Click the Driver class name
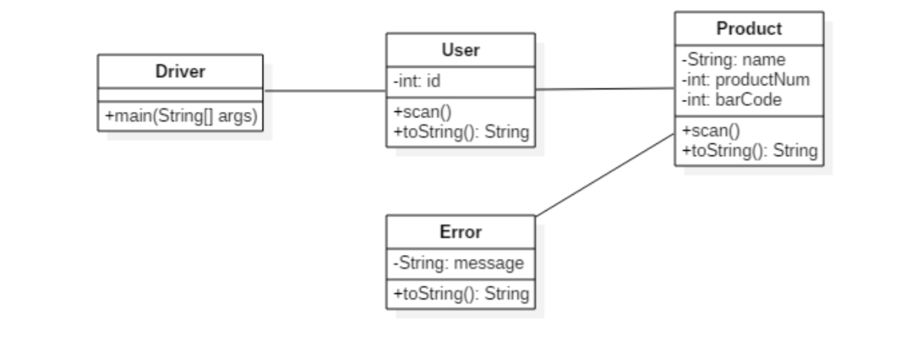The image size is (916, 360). coord(180,72)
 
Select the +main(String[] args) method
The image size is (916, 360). coord(180,116)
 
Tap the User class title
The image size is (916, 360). coord(460,50)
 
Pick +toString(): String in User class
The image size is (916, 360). coord(460,131)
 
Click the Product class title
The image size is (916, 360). coord(749,29)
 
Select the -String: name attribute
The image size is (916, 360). coord(733,59)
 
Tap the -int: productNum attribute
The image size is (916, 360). coord(745,79)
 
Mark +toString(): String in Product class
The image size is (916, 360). coord(749,150)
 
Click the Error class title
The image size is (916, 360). coord(460,232)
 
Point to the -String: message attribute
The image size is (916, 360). coord(458,263)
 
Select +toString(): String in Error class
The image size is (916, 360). coord(460,293)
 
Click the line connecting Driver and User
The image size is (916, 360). coord(325,91)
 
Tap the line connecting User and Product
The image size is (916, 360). coord(605,89)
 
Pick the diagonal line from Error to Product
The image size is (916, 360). coord(605,175)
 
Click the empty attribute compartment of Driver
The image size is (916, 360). coord(180,94)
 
